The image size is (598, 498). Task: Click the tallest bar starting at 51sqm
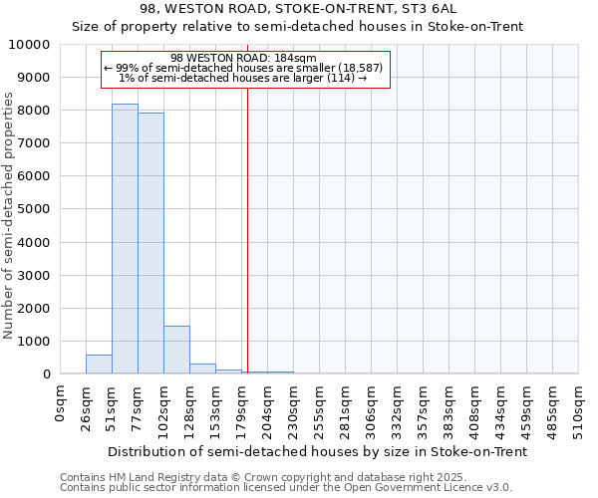click(x=125, y=239)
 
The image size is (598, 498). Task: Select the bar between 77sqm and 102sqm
click(x=150, y=243)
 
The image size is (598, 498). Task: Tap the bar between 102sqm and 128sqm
click(x=176, y=350)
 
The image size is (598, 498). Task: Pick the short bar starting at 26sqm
click(x=99, y=365)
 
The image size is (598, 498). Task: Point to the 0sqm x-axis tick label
click(x=61, y=401)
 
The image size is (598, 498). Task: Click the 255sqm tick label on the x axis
click(x=320, y=406)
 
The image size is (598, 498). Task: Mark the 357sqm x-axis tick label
click(x=424, y=406)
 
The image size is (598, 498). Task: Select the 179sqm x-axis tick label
click(x=242, y=406)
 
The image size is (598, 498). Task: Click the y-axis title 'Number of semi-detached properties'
click(x=10, y=215)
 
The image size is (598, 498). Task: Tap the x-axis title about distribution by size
click(x=317, y=451)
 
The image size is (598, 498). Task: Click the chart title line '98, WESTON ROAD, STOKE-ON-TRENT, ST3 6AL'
click(x=299, y=8)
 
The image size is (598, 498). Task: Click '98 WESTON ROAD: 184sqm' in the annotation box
click(x=243, y=58)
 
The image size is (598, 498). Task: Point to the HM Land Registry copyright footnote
click(x=285, y=477)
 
